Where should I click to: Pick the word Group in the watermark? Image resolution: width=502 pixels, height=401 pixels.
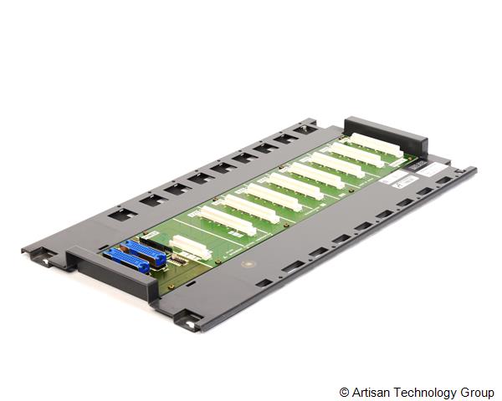click(x=477, y=392)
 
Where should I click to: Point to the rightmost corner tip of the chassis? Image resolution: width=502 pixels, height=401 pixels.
click(x=475, y=170)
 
